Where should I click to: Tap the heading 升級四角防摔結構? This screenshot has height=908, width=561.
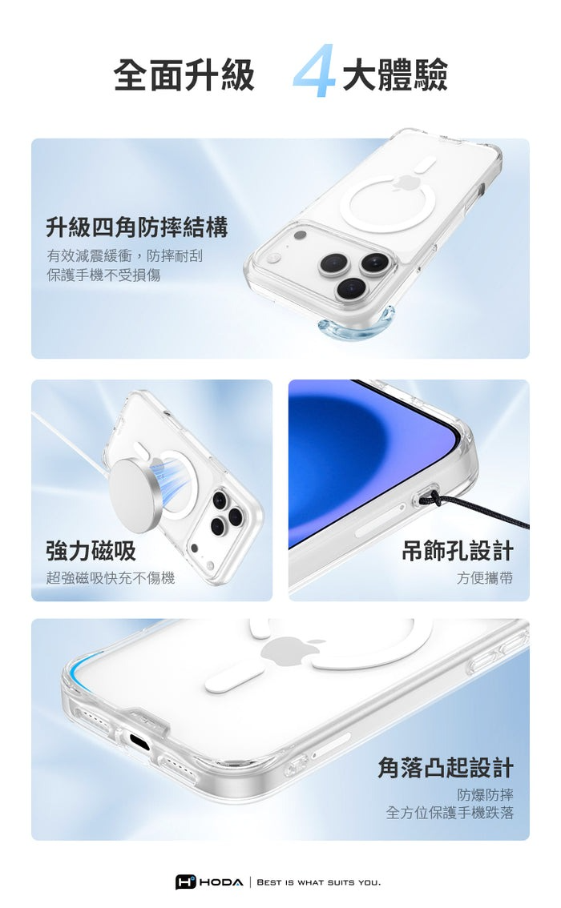(x=137, y=227)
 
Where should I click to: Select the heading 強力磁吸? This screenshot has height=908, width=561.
(x=91, y=550)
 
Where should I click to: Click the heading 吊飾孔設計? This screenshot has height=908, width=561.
(x=458, y=550)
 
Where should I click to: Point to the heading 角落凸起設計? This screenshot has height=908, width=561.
(x=446, y=767)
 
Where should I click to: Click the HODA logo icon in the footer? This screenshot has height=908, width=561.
(x=186, y=882)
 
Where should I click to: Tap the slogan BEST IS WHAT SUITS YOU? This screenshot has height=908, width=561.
(x=319, y=882)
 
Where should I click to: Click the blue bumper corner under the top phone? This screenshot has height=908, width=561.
(x=355, y=327)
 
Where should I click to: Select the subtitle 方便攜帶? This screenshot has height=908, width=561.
(x=485, y=577)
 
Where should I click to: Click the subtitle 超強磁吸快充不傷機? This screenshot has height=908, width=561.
(x=111, y=577)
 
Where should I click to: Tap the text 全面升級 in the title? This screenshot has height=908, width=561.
(x=184, y=75)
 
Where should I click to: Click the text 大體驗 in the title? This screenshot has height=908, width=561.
(x=395, y=75)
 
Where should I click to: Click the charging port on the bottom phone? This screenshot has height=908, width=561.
(x=139, y=740)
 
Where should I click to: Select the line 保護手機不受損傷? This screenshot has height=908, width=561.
(x=103, y=275)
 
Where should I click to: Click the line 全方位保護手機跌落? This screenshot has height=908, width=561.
(x=450, y=813)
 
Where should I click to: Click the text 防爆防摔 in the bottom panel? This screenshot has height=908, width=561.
(x=485, y=794)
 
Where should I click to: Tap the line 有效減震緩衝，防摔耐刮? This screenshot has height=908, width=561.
(x=124, y=255)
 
